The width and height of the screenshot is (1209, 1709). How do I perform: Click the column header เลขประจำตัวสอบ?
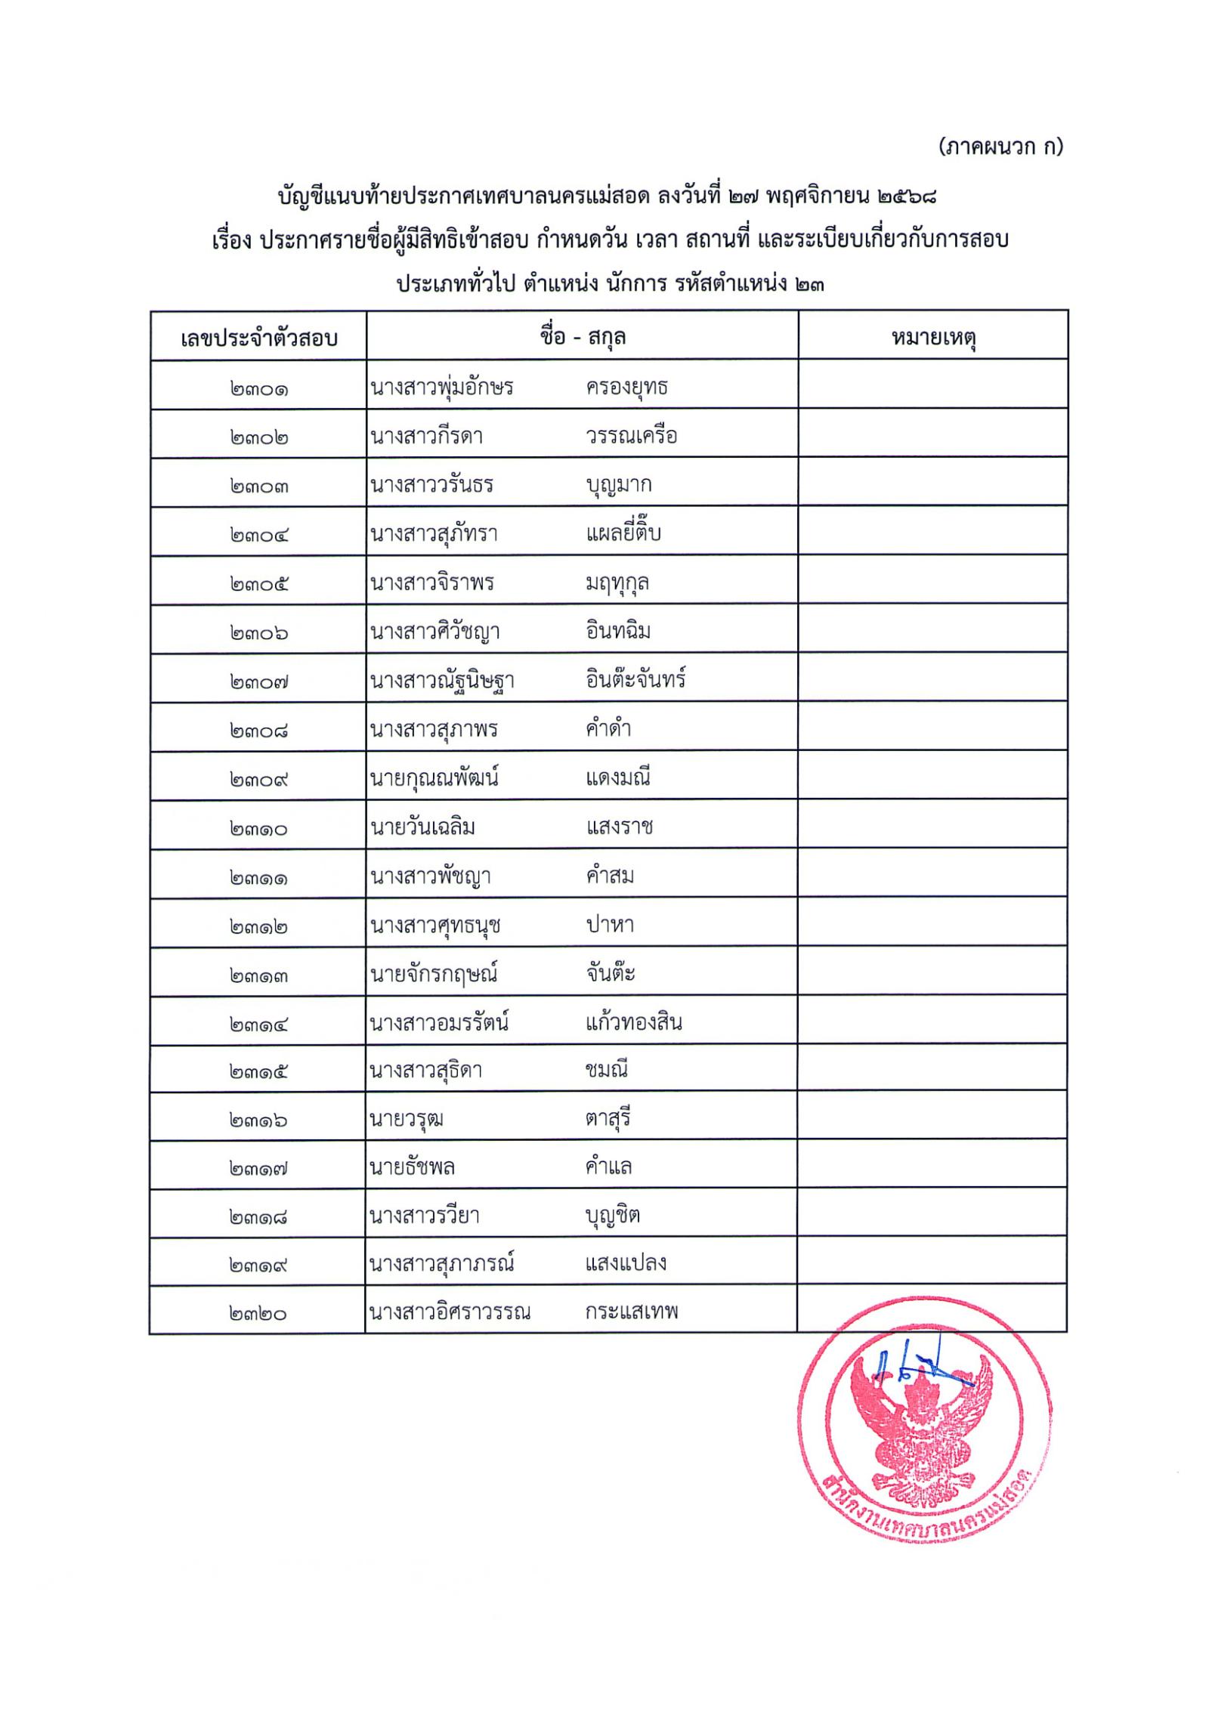[x=258, y=338]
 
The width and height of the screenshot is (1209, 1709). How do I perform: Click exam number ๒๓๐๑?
[x=258, y=390]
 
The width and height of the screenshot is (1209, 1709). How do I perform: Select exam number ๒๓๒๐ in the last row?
[x=258, y=1314]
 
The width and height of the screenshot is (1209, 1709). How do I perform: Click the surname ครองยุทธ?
[x=626, y=388]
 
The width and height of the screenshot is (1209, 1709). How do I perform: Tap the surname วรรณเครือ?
[x=631, y=436]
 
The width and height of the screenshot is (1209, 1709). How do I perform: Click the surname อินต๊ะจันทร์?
[x=635, y=680]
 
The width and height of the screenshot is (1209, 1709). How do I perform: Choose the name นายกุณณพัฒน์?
[x=434, y=777]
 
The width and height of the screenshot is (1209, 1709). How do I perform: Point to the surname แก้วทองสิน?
[x=633, y=1023]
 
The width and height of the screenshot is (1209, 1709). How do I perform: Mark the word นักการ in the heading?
[x=639, y=285]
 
